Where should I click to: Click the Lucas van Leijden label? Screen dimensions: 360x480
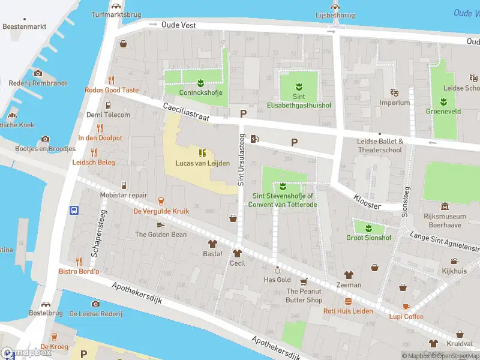(x=202, y=163)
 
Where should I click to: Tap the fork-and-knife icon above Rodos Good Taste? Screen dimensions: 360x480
(x=111, y=80)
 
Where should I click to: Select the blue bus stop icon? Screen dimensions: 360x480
(x=74, y=210)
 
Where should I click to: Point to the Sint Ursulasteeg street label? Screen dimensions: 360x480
(x=241, y=160)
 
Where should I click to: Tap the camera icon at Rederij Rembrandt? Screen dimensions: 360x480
(x=38, y=73)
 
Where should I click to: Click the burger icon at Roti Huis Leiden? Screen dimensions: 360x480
(x=348, y=301)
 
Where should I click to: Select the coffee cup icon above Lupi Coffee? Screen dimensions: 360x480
(x=406, y=306)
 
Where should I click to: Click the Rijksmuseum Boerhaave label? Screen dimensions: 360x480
(x=445, y=220)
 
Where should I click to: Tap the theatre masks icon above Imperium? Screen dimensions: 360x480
(x=394, y=92)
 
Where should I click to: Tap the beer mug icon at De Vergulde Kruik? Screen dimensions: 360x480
(x=161, y=200)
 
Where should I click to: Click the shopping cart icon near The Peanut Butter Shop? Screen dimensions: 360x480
(x=304, y=281)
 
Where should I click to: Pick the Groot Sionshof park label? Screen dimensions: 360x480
(x=368, y=238)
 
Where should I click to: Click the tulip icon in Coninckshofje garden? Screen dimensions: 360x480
(x=200, y=82)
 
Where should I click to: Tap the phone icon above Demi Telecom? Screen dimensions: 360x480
(x=108, y=105)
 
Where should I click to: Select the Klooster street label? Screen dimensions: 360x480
(x=367, y=201)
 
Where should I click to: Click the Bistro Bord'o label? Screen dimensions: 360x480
(x=79, y=272)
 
